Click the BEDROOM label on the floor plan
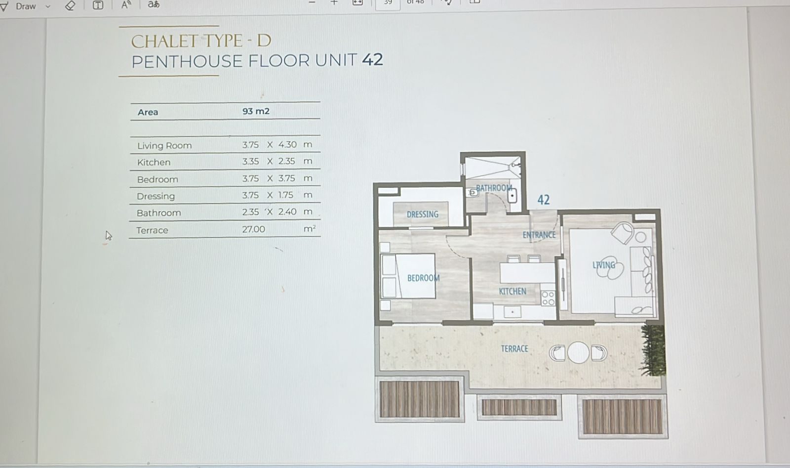[423, 278]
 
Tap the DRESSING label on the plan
[423, 214]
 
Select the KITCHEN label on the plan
[512, 291]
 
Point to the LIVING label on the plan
[604, 265]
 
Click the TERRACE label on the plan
[514, 349]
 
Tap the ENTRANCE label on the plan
[539, 235]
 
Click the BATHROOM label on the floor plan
[494, 188]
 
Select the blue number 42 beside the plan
[543, 200]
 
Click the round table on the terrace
[578, 352]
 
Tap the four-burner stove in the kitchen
[548, 298]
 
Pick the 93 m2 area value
[256, 111]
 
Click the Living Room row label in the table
[164, 145]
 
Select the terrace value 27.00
[253, 229]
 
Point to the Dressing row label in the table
[156, 196]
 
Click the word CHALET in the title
[163, 42]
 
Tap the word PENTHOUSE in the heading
[187, 61]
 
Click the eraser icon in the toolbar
[70, 5]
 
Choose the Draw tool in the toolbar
[25, 6]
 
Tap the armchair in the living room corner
[623, 233]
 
